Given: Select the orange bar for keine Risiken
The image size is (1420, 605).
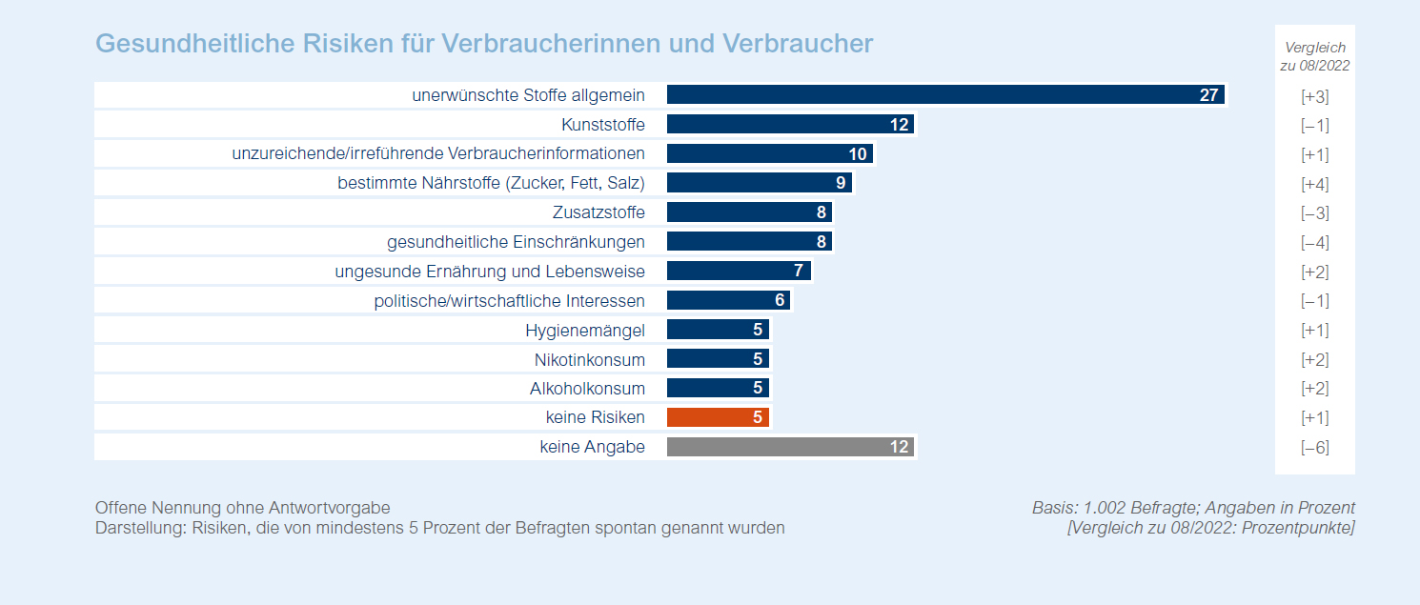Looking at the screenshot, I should [718, 417].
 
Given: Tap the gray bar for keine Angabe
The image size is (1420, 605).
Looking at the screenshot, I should [790, 447].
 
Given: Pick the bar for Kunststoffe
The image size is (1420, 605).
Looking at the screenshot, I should [790, 125].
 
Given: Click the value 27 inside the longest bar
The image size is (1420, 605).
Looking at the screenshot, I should [1208, 95].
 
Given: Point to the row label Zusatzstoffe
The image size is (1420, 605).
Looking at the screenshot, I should [598, 212].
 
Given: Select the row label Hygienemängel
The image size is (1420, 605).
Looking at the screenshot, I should [585, 330].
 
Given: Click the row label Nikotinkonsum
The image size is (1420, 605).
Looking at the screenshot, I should [590, 359].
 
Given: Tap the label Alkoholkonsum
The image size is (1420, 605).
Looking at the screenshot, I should [587, 389].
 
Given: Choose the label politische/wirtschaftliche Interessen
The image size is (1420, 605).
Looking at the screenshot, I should [509, 300].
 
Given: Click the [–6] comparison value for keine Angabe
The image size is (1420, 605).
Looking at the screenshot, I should [1315, 448].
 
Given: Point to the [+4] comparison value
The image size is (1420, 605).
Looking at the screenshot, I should [1315, 184].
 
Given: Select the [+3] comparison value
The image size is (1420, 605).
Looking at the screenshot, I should [1315, 96].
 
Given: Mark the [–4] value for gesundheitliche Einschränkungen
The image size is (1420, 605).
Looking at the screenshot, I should [1315, 243].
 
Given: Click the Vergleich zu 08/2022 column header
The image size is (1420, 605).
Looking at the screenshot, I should [1315, 56].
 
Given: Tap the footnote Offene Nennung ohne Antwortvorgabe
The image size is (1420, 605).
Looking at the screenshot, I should [242, 508].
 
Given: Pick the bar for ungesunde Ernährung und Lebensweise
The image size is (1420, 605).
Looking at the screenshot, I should [738, 272].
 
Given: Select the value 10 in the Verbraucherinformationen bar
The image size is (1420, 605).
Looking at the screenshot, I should [857, 154].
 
